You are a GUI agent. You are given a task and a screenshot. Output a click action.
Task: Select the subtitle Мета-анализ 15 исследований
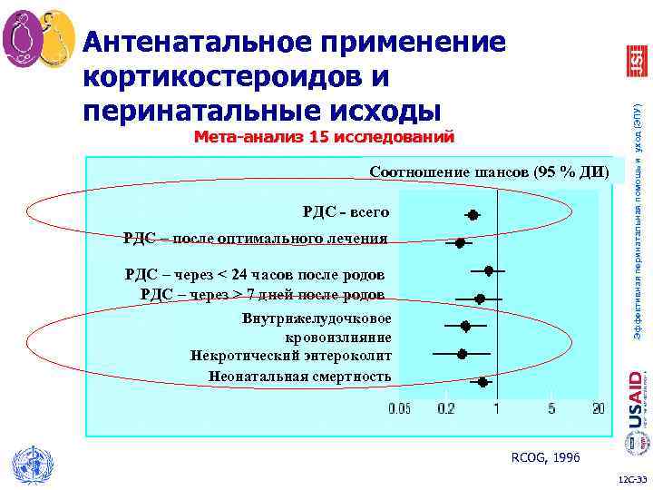click(324, 138)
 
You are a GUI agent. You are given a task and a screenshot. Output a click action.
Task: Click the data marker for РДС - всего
click(473, 215)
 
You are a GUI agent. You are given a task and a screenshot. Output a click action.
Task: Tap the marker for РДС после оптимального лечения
click(460, 243)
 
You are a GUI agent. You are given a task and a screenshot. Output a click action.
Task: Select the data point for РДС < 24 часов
click(489, 270)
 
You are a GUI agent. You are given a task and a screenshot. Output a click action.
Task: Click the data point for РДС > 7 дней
click(480, 299)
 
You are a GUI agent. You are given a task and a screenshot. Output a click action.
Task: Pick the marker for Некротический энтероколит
click(463, 354)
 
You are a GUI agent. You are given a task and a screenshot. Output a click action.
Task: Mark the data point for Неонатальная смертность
click(483, 382)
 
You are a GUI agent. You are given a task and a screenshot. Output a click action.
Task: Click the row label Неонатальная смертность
click(299, 376)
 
